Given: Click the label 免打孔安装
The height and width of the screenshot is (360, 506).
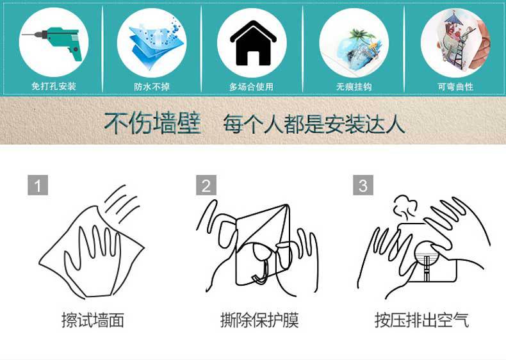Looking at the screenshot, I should [54, 86].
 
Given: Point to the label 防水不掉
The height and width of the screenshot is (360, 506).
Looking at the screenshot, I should [152, 86].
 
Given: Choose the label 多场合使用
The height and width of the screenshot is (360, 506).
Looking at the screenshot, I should [251, 86].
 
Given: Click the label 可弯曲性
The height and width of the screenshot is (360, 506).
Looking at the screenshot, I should [455, 86].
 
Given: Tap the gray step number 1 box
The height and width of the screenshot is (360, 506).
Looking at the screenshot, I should [38, 185].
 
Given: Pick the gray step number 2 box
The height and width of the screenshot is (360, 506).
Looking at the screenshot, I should [206, 185].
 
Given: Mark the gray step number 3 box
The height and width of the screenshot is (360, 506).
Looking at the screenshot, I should [363, 185].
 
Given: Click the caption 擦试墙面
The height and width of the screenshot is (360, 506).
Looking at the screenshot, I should [92, 320].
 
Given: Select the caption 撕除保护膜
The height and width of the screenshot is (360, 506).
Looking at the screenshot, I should [259, 320].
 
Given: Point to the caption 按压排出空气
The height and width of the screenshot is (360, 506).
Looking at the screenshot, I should [422, 320].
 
